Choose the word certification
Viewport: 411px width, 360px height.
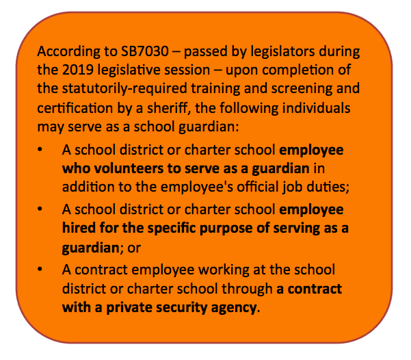pyautogui.click(x=74, y=108)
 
